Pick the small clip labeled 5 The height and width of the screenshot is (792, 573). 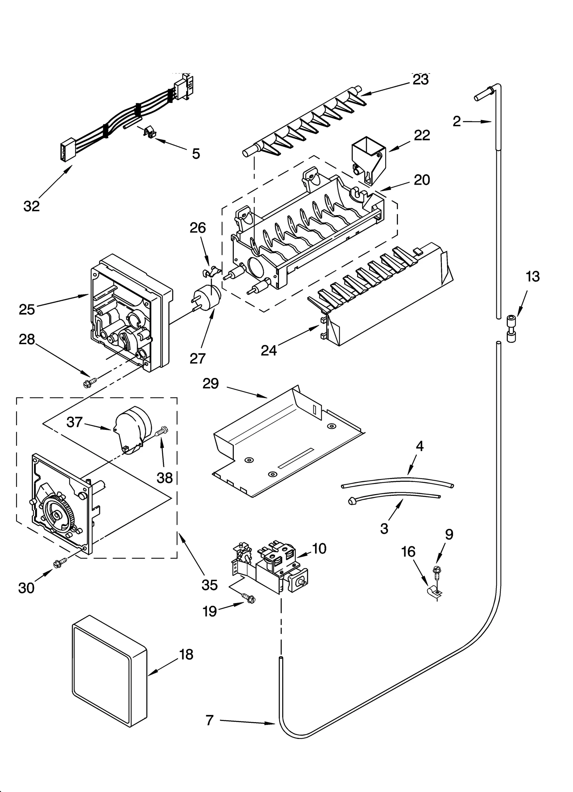[149, 132]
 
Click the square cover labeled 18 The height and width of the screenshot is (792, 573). [109, 674]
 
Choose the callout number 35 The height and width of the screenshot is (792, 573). [210, 585]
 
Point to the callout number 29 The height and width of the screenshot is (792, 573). [211, 384]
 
